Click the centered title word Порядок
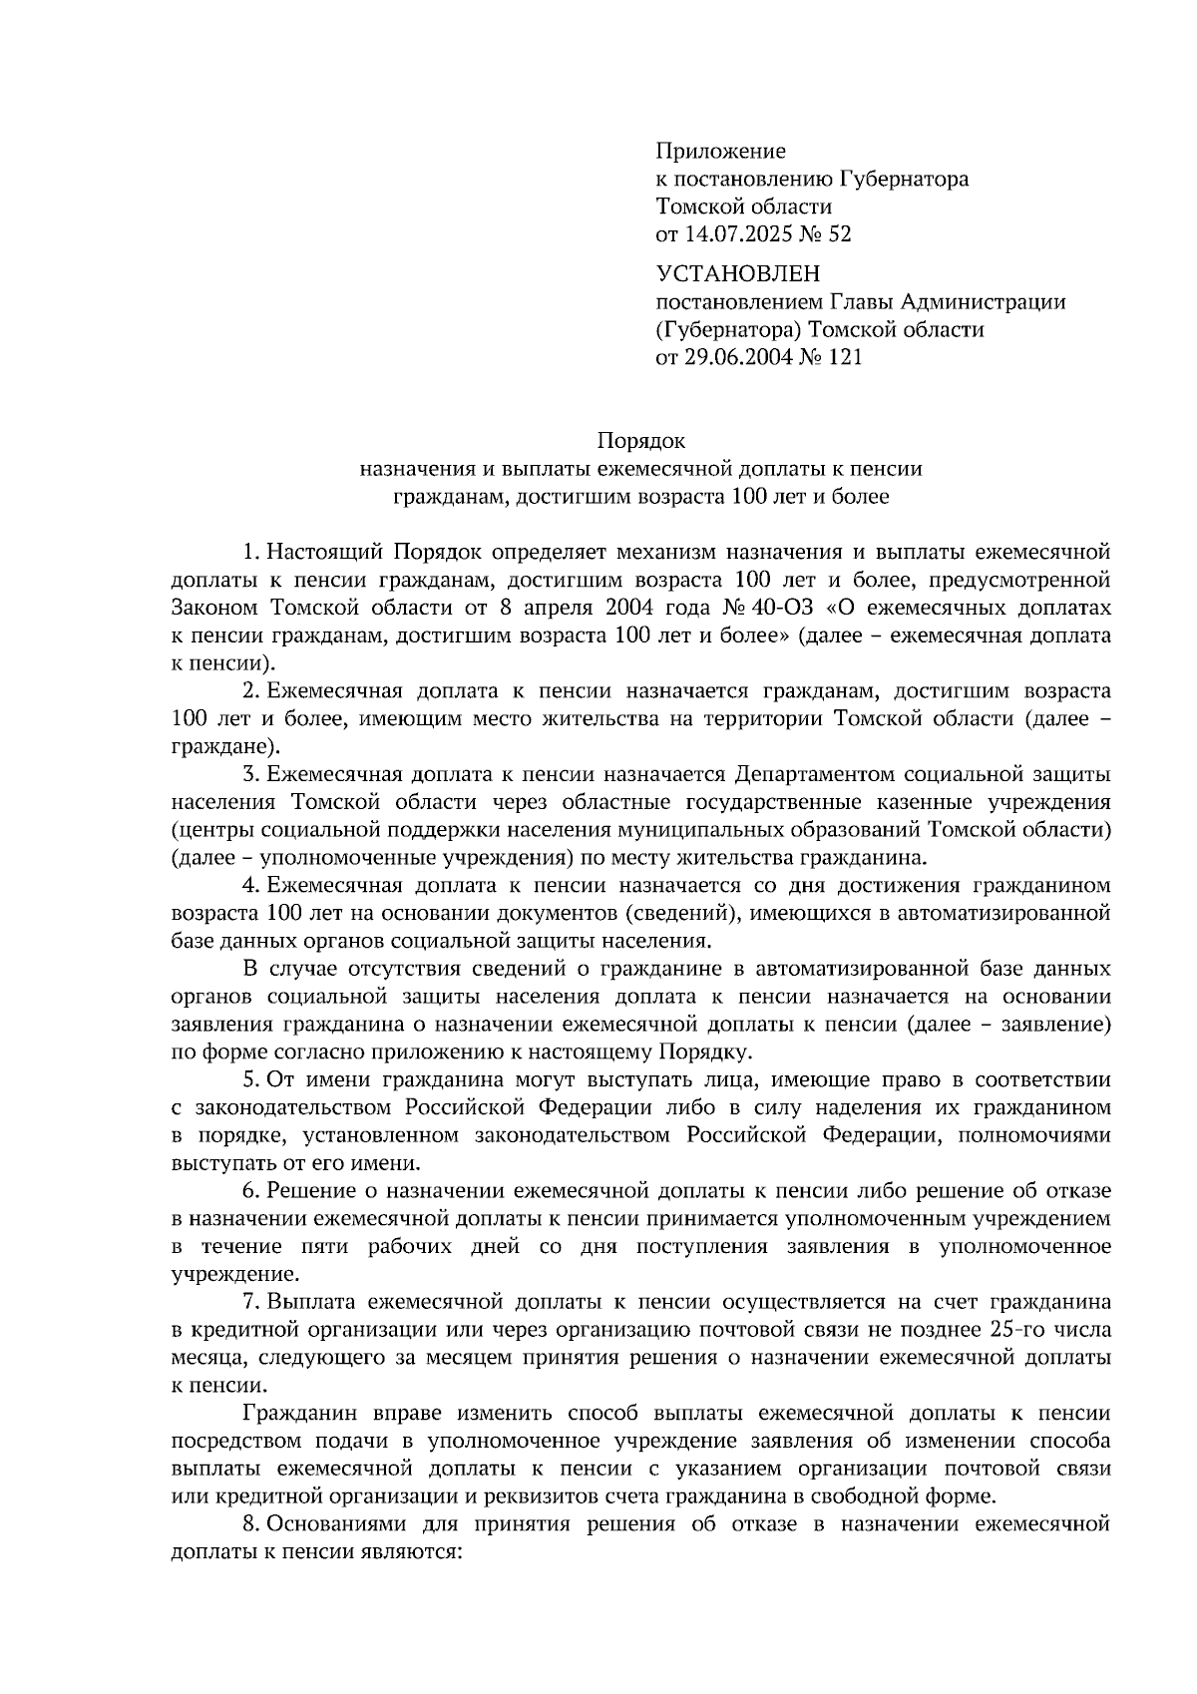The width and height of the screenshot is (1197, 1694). click(642, 440)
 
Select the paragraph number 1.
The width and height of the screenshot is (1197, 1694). click(250, 552)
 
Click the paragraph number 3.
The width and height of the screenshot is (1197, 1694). click(250, 774)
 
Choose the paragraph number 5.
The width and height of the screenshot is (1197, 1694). click(250, 1080)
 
